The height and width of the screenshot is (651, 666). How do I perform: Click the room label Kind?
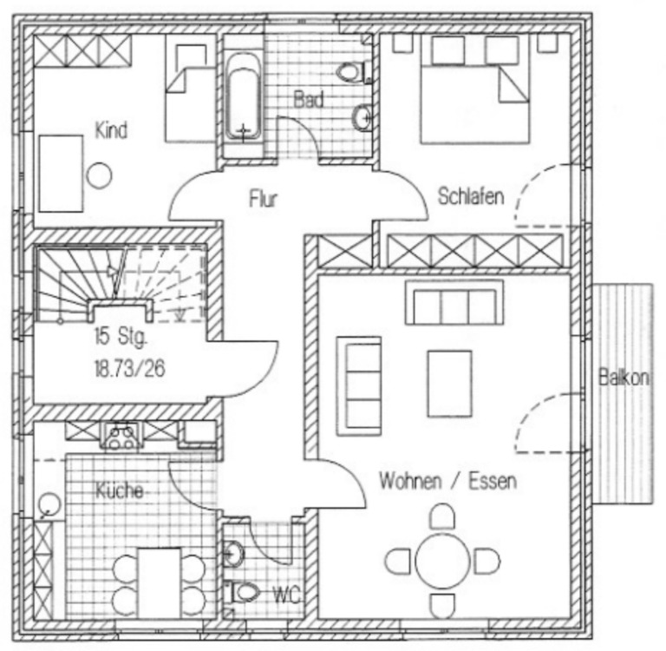coord(111,131)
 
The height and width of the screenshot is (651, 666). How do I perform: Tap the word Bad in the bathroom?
coord(308,100)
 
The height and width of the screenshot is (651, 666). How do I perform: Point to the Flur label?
coord(263,200)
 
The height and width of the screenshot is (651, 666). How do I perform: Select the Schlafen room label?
coord(471,196)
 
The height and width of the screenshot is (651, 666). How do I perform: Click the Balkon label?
coord(624,378)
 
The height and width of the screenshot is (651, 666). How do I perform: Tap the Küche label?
coord(119,490)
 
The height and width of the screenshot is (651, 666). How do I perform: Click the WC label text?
coord(286,595)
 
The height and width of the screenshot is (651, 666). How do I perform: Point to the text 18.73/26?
coord(130,369)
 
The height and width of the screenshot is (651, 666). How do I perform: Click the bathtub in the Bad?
coord(245,97)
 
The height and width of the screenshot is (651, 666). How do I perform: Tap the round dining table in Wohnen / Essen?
coord(441,562)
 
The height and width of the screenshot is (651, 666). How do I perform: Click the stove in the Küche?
coord(121,434)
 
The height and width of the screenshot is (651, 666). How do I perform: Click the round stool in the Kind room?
coord(100,175)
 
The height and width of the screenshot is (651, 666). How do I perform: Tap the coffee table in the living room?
coord(449,382)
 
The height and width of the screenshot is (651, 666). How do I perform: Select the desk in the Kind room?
coord(60,172)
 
